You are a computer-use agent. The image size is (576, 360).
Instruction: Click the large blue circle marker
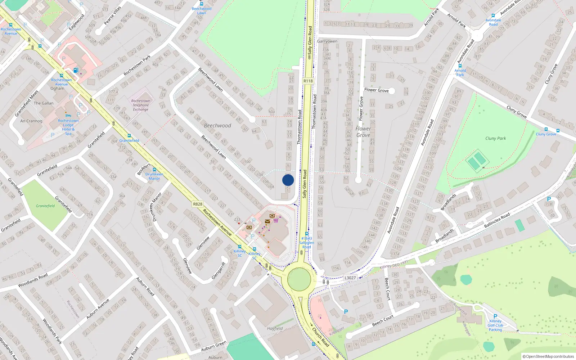pos(288,180)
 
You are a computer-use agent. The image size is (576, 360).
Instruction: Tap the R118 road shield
pos(308,81)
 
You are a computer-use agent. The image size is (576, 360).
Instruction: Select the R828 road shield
pos(198,204)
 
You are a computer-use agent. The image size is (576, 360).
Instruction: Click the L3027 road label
pos(350,278)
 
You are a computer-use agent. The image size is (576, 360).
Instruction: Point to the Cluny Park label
pos(495,138)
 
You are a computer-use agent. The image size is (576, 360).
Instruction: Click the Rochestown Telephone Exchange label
pos(140,105)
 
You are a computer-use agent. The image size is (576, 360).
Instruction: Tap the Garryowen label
pos(327,41)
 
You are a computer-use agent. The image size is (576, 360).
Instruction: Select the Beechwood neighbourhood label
pos(217,126)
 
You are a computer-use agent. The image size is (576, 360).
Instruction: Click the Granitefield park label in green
pos(45,206)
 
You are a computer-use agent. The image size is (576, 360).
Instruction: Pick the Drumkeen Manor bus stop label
pos(154,176)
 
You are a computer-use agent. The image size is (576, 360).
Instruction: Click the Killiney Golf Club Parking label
pos(495,325)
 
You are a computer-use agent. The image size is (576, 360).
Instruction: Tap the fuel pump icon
pos(76,71)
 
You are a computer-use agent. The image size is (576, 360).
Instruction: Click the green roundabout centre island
pos(299,279)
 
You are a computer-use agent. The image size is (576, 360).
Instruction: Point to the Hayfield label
pos(275,328)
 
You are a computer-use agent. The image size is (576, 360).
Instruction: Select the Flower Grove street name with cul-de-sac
pos(376,90)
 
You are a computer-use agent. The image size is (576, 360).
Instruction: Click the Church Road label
pos(320,337)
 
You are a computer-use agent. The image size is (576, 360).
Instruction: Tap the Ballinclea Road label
pos(497,220)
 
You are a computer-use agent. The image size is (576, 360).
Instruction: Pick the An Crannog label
pos(31,121)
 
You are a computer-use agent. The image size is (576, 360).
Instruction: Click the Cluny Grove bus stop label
pos(546,134)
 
